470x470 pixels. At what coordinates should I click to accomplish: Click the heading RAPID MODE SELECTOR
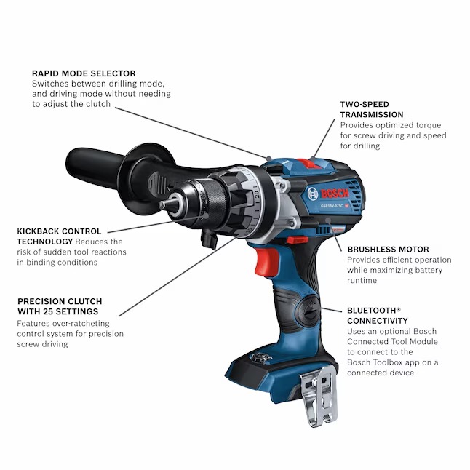[x=84, y=73]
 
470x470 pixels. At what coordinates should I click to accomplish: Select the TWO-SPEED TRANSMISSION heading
[x=371, y=109]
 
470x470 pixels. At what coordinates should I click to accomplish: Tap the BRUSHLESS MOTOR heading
[x=387, y=249]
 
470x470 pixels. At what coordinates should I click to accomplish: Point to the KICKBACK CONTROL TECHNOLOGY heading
[x=59, y=236]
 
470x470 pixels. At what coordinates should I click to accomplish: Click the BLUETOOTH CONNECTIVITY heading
[x=377, y=315]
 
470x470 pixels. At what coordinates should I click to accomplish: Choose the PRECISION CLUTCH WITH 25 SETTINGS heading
[x=60, y=306]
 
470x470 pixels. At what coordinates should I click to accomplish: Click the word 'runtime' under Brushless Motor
[x=362, y=280]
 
